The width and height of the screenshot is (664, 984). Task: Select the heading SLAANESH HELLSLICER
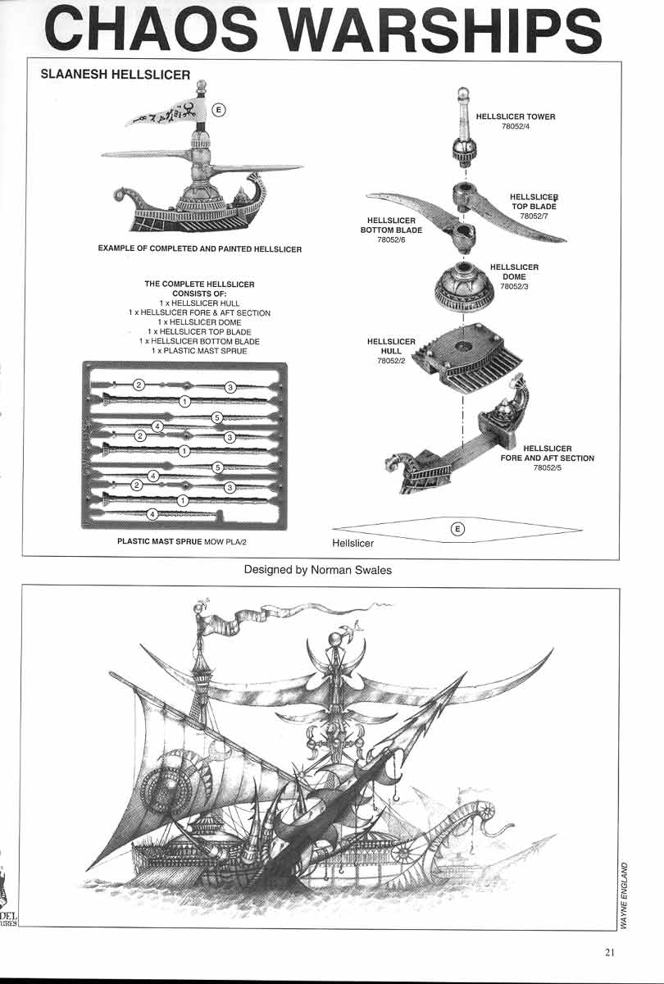115,75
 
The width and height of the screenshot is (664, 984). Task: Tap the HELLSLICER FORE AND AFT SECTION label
548,453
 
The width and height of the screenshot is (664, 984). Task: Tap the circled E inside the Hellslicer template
457,529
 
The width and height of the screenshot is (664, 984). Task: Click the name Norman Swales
351,570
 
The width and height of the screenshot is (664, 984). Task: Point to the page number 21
610,952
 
